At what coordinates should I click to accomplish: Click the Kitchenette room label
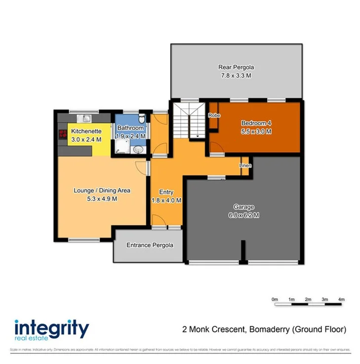(x=86, y=131)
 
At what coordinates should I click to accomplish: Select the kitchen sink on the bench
(x=86, y=118)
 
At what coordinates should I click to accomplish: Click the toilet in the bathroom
(x=141, y=119)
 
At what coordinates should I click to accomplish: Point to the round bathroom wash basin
(x=139, y=150)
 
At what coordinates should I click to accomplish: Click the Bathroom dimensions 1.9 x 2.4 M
(x=130, y=136)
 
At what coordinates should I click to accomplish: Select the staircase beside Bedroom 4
(x=189, y=121)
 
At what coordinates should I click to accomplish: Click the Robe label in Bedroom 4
(x=214, y=115)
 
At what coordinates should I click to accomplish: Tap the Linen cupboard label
(x=245, y=165)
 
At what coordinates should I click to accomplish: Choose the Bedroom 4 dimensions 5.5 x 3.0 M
(x=257, y=131)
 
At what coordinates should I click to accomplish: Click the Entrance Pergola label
(x=150, y=245)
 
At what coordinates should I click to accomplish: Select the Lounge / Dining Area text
(x=102, y=190)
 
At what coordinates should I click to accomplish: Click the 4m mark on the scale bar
(x=341, y=299)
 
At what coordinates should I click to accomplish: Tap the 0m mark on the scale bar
(x=275, y=299)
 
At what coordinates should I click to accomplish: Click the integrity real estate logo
(x=52, y=330)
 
